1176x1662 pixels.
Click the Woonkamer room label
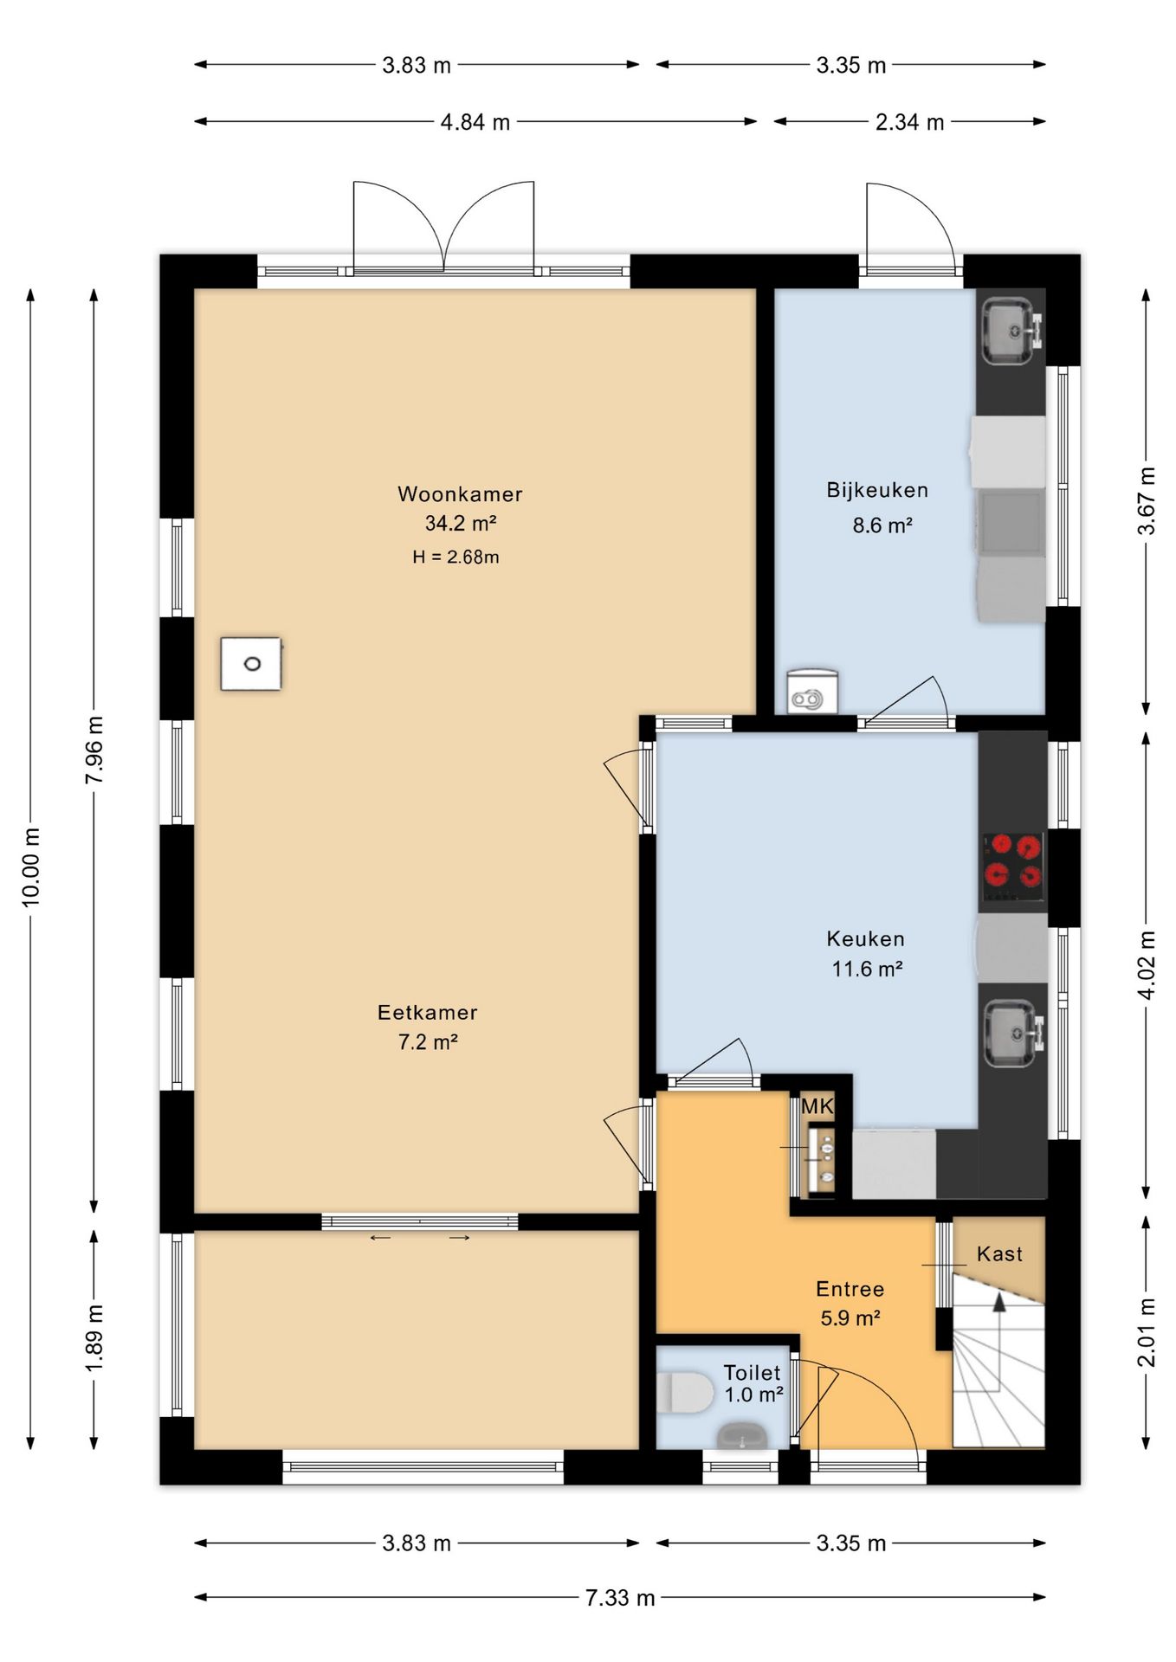[460, 494]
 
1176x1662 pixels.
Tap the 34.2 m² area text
[460, 523]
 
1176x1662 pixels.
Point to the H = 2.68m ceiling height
[456, 557]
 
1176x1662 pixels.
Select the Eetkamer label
[427, 1012]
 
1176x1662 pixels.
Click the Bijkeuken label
[877, 490]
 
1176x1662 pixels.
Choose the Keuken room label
[865, 938]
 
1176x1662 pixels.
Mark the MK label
[817, 1105]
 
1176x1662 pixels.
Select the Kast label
[999, 1253]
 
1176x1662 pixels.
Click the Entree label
[850, 1289]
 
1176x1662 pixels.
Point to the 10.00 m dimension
[31, 867]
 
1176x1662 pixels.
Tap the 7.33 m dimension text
[620, 1598]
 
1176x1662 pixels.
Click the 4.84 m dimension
[475, 122]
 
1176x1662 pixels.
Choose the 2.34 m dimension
[909, 122]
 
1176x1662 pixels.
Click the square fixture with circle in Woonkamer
[251, 664]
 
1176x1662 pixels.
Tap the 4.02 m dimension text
[1147, 965]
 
